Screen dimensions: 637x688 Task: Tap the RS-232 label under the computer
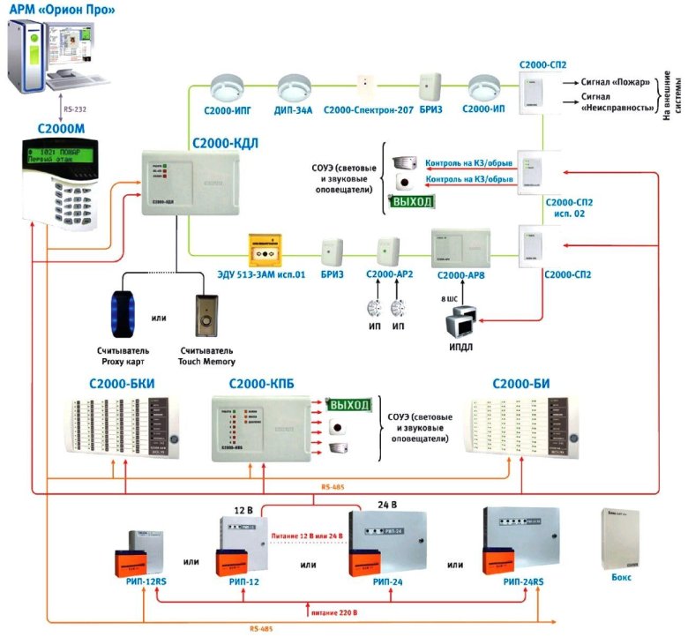(x=73, y=110)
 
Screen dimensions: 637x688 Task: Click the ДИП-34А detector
(x=291, y=88)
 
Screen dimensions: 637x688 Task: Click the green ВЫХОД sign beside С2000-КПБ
(x=349, y=404)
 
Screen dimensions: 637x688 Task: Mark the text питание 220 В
(x=340, y=610)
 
